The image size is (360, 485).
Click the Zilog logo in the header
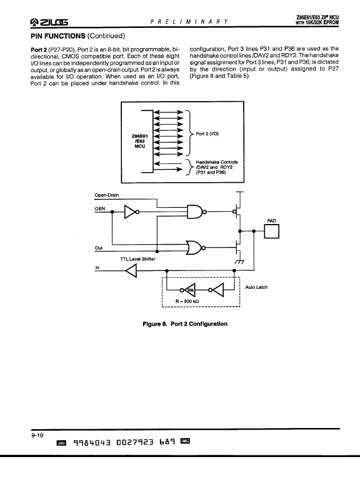point(49,22)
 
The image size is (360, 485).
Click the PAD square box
point(272,231)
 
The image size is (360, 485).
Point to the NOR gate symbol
point(195,248)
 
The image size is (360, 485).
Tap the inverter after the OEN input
point(131,212)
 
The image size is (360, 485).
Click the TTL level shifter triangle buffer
point(131,271)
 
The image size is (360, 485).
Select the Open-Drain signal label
point(106,195)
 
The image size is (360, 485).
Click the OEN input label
point(100,209)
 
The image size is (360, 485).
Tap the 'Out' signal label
point(98,248)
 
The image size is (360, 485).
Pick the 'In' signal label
point(97,268)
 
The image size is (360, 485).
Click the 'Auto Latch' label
point(256,287)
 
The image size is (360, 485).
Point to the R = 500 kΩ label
point(187,301)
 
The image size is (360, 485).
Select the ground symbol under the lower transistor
point(239,261)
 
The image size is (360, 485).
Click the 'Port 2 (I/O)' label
point(207,134)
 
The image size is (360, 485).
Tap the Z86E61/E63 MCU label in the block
point(140,141)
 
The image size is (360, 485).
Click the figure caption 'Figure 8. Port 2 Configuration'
point(185,324)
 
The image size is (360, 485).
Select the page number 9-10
point(37,435)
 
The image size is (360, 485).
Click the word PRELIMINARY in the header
point(189,22)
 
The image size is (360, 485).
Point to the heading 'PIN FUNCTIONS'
point(58,36)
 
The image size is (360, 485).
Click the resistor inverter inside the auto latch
point(188,290)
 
